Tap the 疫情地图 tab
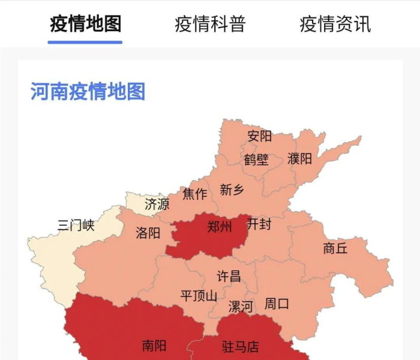tap(85, 25)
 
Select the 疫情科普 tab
tap(210, 25)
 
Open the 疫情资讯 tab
tap(335, 25)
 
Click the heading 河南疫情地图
tap(88, 92)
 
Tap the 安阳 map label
tap(260, 136)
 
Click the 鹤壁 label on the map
tap(256, 160)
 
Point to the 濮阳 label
tap(299, 159)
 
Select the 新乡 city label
tap(232, 190)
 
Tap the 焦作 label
tap(195, 194)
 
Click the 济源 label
tap(157, 205)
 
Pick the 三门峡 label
tap(76, 226)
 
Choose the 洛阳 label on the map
tap(148, 233)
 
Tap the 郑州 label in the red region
tap(220, 227)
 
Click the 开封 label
tap(259, 224)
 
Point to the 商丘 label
tap(335, 248)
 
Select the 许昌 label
tap(229, 277)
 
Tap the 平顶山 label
tap(199, 296)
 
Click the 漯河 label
tap(241, 307)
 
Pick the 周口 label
tap(277, 304)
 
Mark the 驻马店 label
tap(240, 346)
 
